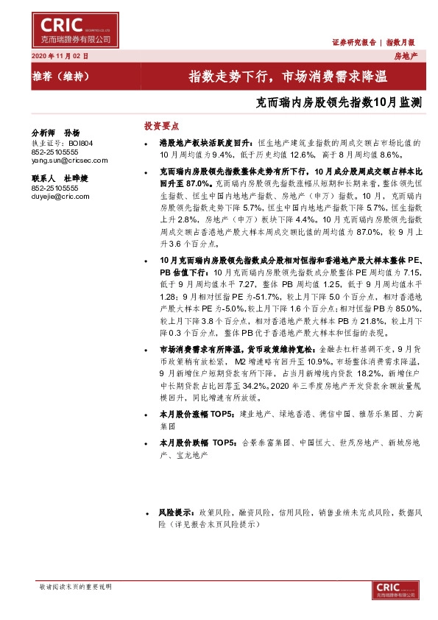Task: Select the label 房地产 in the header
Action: (406, 56)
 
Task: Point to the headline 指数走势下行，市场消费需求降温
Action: (288, 76)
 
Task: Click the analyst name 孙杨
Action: (71, 133)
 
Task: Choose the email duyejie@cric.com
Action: (60, 197)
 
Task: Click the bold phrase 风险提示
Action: (174, 511)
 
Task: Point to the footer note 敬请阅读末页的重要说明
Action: (75, 586)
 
